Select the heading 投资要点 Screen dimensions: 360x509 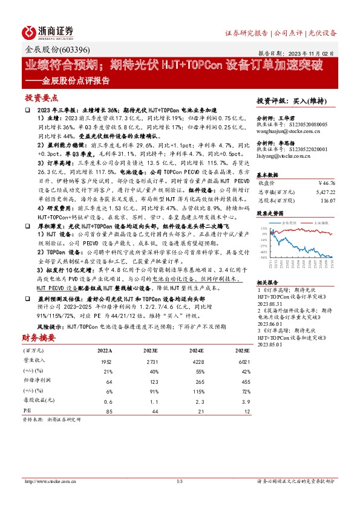click(41, 97)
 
